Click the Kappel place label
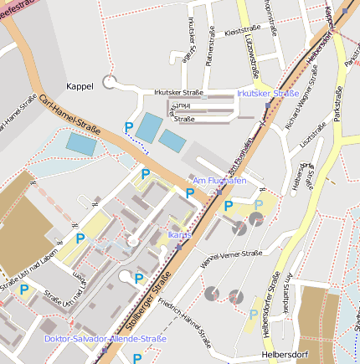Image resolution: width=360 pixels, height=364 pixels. coord(80,85)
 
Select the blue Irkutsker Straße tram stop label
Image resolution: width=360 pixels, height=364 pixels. coord(268,94)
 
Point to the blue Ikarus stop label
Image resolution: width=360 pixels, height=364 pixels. coord(180,235)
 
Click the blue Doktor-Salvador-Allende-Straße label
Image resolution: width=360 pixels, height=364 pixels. coord(105,339)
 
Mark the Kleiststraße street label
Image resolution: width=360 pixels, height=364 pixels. coord(244,31)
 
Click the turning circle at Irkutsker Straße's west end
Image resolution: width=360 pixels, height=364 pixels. coord(109,82)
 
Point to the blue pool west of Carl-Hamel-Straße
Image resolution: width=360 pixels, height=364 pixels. coord(81,144)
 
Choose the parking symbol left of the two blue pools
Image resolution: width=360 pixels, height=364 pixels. coord(129,127)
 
